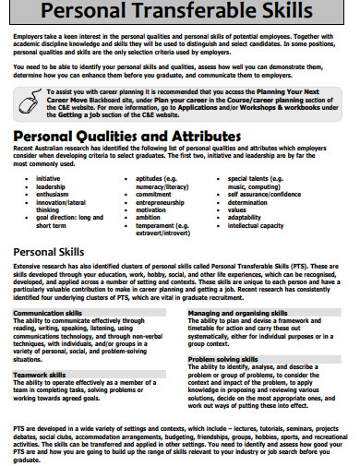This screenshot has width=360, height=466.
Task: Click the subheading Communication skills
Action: pyautogui.click(x=52, y=314)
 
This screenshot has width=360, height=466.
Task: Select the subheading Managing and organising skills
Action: pyautogui.click(x=240, y=314)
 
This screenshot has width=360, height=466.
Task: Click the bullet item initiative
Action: pyautogui.click(x=49, y=178)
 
